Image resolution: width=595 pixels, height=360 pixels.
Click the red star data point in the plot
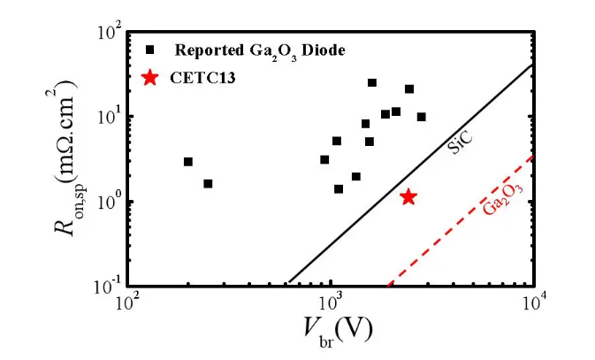[408, 196]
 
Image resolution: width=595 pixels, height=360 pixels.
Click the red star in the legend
[150, 78]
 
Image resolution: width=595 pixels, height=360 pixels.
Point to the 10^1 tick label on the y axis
[107, 117]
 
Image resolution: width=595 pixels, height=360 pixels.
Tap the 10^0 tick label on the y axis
[107, 202]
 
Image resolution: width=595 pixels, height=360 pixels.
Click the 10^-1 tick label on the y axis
[105, 286]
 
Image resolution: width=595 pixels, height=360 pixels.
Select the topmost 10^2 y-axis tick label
[107, 33]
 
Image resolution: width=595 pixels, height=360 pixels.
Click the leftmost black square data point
[188, 162]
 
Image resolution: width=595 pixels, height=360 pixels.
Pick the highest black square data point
[372, 82]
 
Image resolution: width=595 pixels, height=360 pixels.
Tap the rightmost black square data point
[422, 117]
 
